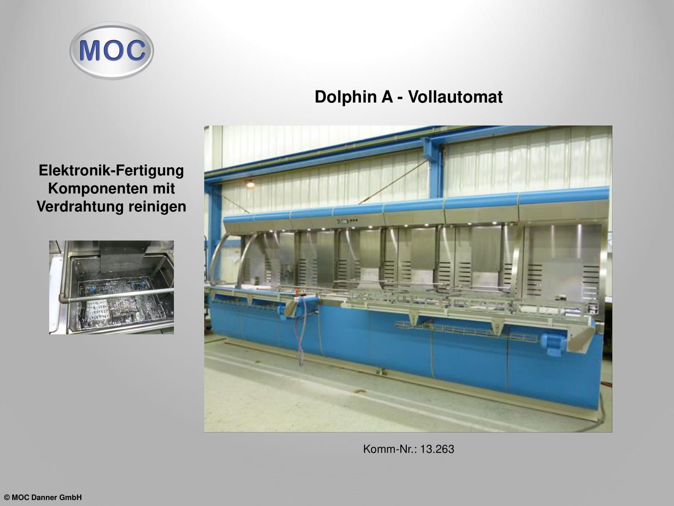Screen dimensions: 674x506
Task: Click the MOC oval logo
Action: coord(112,51)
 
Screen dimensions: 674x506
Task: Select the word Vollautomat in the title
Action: coord(455,97)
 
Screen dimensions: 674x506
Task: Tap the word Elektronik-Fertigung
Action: coord(111,171)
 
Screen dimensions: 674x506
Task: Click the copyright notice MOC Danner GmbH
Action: coord(43,498)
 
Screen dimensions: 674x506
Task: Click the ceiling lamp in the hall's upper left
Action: coord(250,185)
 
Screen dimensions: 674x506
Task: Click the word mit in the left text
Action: coord(163,189)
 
